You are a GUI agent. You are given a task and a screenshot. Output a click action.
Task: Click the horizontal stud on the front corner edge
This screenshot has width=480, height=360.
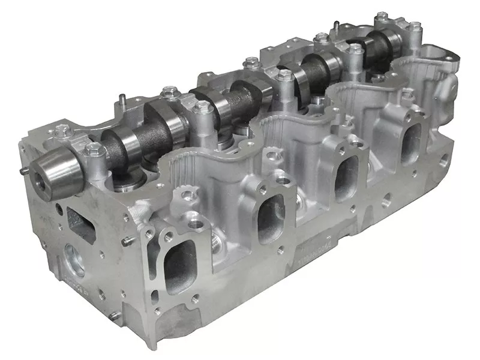pos(127,242)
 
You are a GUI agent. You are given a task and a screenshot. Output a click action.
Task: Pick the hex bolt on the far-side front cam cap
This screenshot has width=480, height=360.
pos(61,131)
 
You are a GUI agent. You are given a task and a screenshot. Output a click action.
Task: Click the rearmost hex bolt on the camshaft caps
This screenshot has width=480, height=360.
pos(415,27)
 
